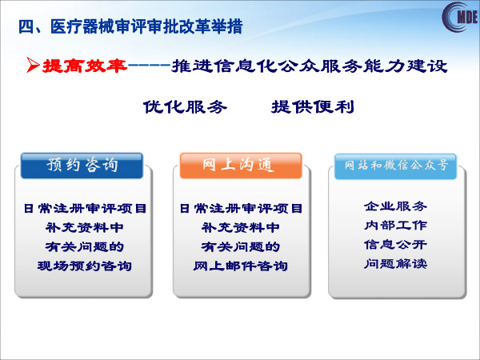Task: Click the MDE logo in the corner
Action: pos(460,17)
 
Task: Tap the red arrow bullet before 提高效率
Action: pos(33,65)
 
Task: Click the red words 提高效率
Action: pos(85,66)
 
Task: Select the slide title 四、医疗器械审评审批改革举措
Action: pos(130,27)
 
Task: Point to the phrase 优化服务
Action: pos(186,107)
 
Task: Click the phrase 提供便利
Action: pos(313,107)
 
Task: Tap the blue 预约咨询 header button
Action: pos(82,166)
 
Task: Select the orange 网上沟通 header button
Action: pos(241,166)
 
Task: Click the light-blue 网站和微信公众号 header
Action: pos(395,166)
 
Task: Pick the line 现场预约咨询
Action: pos(85,266)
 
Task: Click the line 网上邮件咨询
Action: pos(241,266)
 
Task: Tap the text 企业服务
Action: pos(395,206)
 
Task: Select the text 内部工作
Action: pos(395,226)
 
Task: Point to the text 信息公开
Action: pos(395,245)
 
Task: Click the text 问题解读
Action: pos(395,263)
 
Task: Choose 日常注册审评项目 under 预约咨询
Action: pos(85,209)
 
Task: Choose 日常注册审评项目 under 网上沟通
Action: pos(241,209)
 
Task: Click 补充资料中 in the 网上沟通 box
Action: pos(241,227)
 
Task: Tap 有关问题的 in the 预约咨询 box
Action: pos(85,246)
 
